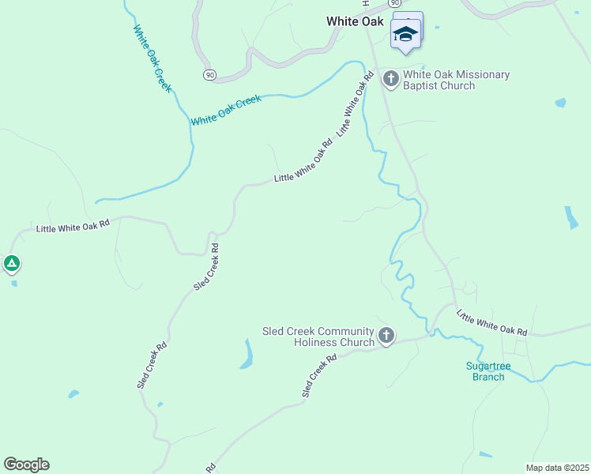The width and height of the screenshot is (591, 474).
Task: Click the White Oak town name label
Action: [355, 21]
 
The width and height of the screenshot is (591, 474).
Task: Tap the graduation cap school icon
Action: [406, 34]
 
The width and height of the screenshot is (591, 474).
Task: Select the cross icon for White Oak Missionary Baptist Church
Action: [390, 78]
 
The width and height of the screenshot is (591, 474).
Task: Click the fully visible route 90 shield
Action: [209, 74]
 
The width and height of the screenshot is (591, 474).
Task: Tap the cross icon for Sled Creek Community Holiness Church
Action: [386, 336]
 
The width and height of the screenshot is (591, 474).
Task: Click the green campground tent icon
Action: [11, 263]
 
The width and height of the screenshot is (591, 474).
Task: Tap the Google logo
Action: [26, 465]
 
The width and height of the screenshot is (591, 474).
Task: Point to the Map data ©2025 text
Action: [557, 468]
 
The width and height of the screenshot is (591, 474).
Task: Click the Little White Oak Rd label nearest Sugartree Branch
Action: [491, 323]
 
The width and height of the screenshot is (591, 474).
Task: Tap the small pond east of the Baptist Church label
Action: [560, 103]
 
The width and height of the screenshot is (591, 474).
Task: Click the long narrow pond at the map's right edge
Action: [570, 217]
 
